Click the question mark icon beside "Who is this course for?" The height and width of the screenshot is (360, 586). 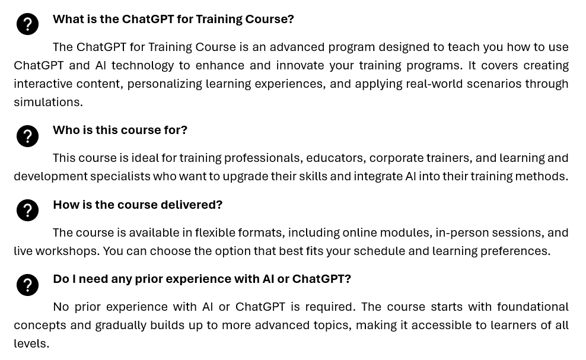(27, 136)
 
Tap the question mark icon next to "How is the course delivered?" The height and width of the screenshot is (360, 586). (27, 210)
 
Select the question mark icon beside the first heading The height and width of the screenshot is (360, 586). (27, 24)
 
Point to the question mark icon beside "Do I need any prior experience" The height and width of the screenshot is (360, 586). (27, 285)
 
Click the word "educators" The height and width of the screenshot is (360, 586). (334, 158)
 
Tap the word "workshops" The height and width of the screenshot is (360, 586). (67, 251)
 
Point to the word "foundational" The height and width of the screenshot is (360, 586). (533, 307)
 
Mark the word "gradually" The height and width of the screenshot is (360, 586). (121, 325)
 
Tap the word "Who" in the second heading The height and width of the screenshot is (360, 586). (66, 130)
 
